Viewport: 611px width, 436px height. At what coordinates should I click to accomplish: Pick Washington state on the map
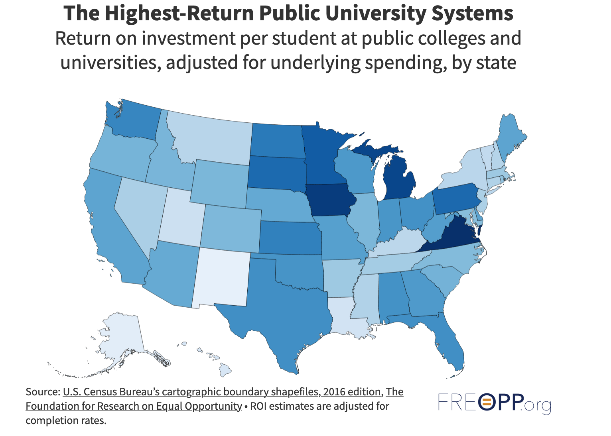[x=134, y=120]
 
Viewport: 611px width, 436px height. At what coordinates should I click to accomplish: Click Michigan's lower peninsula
[x=399, y=179]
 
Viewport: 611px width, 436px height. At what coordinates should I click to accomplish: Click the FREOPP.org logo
[x=495, y=403]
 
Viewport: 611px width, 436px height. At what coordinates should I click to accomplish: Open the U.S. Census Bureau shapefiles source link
[x=221, y=392]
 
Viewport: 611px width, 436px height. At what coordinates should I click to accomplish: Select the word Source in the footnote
[x=42, y=392]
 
